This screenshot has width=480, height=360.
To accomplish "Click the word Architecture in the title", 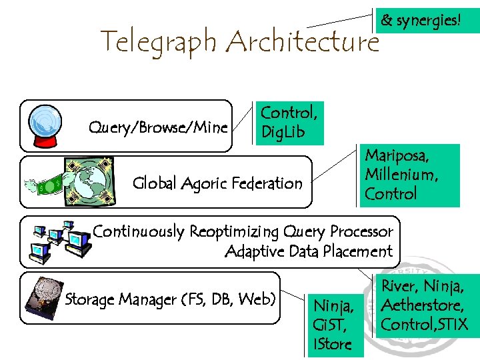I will (302, 43).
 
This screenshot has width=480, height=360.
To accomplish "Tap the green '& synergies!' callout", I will (420, 21).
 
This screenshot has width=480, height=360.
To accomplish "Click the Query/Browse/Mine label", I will (158, 127).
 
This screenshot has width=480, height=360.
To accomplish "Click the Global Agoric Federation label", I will (217, 183).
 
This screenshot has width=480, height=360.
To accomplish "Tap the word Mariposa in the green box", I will (396, 156).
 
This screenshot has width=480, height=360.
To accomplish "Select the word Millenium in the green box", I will (401, 175).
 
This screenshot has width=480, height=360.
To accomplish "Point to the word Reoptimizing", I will (233, 232).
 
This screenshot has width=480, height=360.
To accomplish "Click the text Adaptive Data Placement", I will (309, 252).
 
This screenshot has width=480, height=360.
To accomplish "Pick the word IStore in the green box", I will (331, 345).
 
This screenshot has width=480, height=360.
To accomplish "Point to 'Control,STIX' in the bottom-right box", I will (424, 325).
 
